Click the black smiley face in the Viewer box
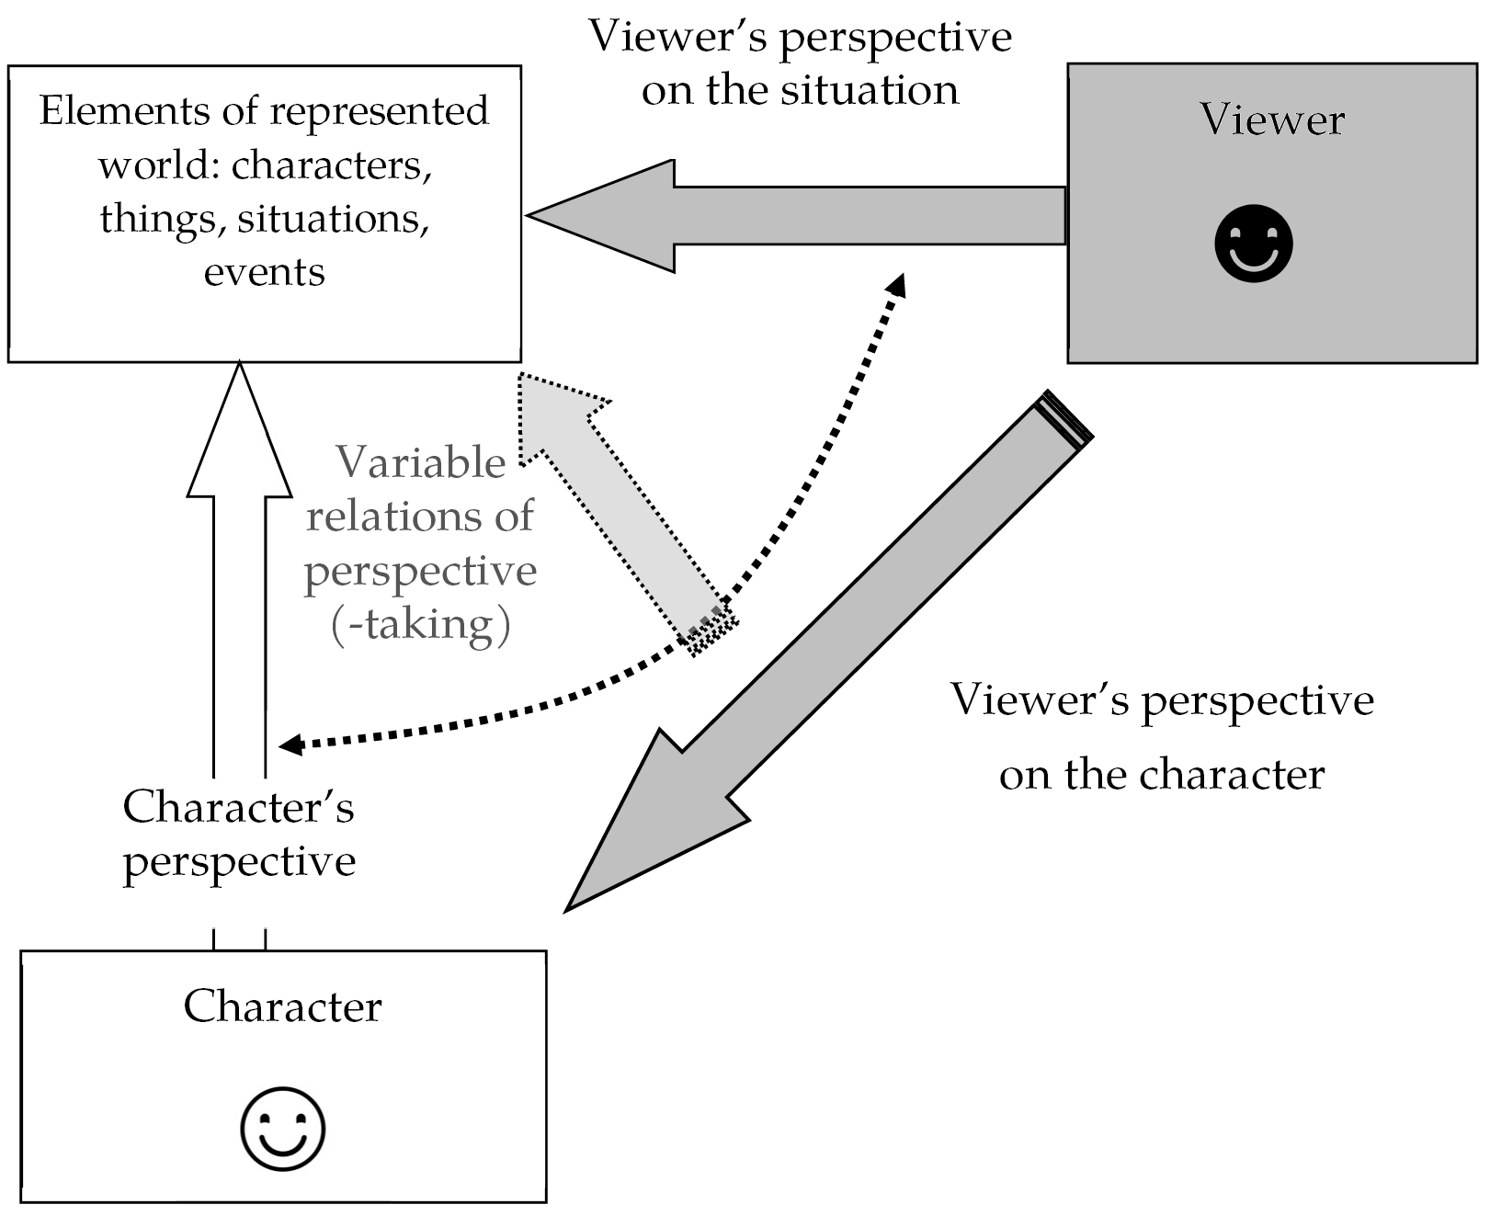[x=1253, y=243]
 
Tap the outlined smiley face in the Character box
[x=282, y=1129]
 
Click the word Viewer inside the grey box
[x=1271, y=120]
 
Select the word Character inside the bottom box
[x=282, y=1006]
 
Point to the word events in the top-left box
[x=264, y=272]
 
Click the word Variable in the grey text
[x=421, y=462]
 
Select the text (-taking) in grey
[x=420, y=624]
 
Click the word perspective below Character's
[x=239, y=862]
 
